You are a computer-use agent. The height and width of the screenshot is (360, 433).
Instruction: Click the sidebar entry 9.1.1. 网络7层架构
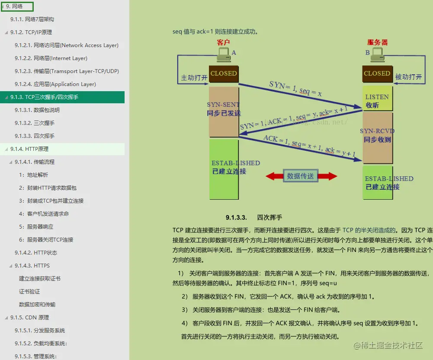tap(32, 19)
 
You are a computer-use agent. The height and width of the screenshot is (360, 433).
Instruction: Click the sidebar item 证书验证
tap(29, 292)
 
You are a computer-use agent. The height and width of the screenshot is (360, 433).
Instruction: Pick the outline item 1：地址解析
tap(33, 175)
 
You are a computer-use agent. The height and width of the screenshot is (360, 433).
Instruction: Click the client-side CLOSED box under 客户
tap(224, 73)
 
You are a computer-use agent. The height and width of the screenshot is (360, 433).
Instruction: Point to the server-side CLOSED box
tap(377, 73)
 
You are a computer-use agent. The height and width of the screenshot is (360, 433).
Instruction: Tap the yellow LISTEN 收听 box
tap(377, 101)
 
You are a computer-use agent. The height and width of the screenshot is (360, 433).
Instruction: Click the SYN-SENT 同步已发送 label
tap(224, 109)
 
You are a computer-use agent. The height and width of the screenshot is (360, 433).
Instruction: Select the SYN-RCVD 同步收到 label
tap(377, 135)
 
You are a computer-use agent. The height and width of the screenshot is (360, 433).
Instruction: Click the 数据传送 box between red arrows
tap(301, 176)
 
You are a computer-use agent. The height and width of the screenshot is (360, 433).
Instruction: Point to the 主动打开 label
tap(194, 77)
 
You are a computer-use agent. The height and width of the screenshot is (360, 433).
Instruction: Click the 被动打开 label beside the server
tap(408, 77)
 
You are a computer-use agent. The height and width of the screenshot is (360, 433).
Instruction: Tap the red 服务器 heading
tap(377, 42)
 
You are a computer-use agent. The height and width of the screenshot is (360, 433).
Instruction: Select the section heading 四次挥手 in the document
tap(269, 217)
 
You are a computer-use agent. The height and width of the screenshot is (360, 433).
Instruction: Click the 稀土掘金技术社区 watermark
tap(388, 345)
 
